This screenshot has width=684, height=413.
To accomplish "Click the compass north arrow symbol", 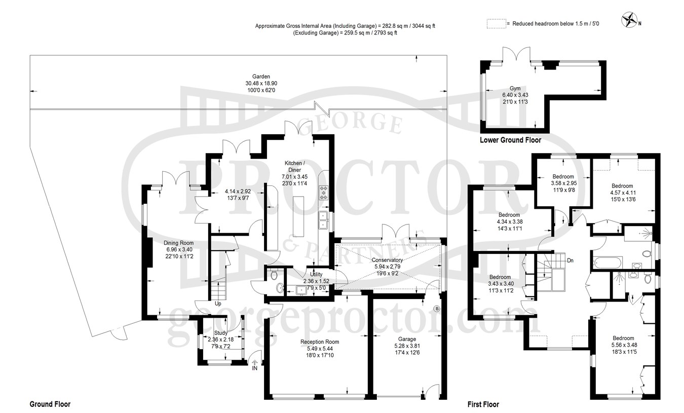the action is click(629, 20).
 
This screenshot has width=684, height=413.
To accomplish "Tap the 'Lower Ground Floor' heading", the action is click(510, 140).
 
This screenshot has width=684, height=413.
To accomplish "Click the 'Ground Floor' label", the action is click(50, 404).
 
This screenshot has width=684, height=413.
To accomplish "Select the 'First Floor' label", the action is click(483, 404).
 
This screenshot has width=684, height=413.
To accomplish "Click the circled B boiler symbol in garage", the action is click(437, 309).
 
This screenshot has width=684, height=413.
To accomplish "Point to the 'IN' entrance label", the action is click(255, 368).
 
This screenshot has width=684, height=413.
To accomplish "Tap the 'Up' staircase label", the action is click(218, 304).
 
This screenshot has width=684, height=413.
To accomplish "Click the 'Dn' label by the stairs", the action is click(570, 260).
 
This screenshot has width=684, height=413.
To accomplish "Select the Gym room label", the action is click(515, 88).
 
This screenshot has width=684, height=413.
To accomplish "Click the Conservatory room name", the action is click(387, 260).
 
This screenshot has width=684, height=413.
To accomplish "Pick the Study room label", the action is click(220, 332).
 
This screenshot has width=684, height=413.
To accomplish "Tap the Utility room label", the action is click(316, 274).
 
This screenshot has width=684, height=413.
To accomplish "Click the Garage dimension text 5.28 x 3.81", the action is click(407, 346).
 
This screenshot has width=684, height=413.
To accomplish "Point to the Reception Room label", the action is click(320, 342).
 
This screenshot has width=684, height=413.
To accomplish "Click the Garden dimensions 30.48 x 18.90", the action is click(261, 84).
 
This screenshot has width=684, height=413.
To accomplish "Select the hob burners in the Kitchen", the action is click(323, 193).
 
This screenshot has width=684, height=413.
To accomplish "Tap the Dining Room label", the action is click(179, 243).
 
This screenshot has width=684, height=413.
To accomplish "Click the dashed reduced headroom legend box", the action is click(497, 23).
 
